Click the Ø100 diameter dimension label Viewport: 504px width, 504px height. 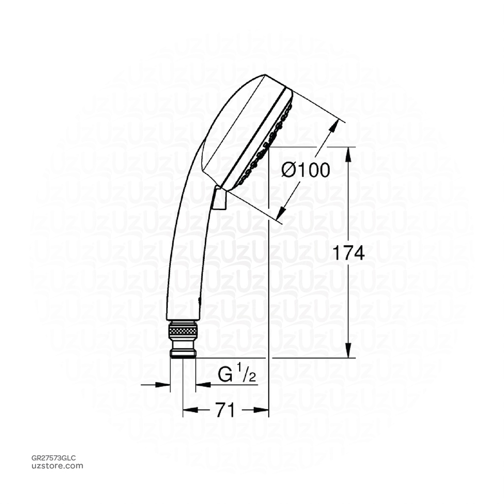click(x=305, y=170)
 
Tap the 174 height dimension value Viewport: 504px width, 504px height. click(x=347, y=253)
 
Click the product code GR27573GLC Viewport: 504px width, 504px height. click(x=54, y=458)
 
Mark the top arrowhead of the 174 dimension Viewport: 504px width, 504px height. click(x=349, y=152)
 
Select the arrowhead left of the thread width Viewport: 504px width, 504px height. click(x=165, y=384)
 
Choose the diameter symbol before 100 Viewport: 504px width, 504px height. click(x=288, y=170)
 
